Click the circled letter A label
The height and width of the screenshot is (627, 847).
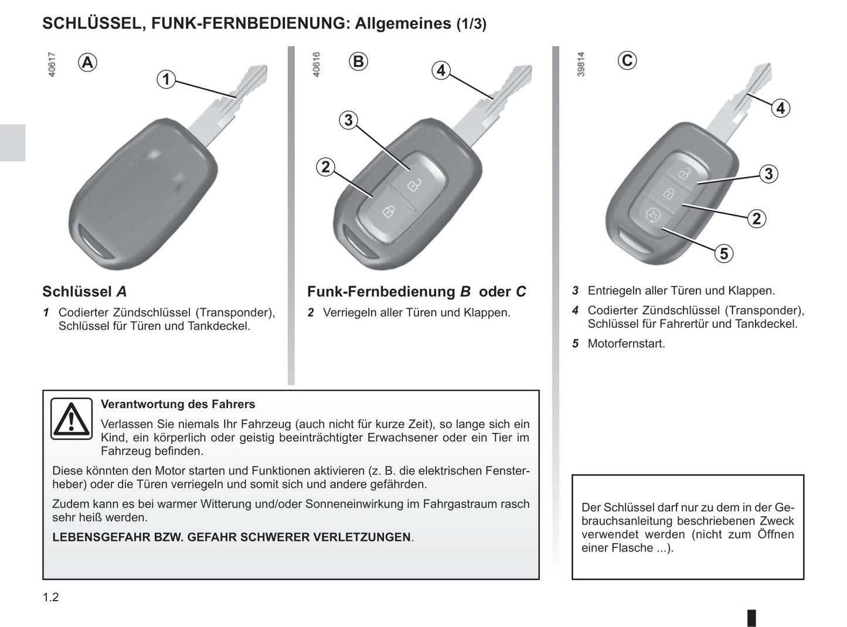[x=87, y=62]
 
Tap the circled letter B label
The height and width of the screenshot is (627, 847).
[x=358, y=61]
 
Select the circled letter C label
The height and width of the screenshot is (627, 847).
[x=627, y=60]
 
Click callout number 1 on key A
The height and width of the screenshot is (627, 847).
[x=166, y=80]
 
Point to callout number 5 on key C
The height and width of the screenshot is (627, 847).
[x=724, y=254]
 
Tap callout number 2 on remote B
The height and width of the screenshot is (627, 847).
[x=326, y=167]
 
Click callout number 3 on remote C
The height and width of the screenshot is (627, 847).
[x=768, y=173]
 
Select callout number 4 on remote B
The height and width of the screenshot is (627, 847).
[x=441, y=70]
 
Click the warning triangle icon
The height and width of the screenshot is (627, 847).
[x=72, y=419]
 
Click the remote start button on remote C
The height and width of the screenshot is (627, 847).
[x=651, y=215]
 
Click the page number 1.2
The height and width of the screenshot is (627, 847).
[x=51, y=597]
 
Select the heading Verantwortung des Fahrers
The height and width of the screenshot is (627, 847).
[x=178, y=404]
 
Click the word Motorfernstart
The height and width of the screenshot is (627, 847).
[x=626, y=343]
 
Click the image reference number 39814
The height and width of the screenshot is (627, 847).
[x=580, y=64]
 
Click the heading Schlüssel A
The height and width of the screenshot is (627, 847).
[x=84, y=291]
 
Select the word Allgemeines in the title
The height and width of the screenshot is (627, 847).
[x=403, y=23]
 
